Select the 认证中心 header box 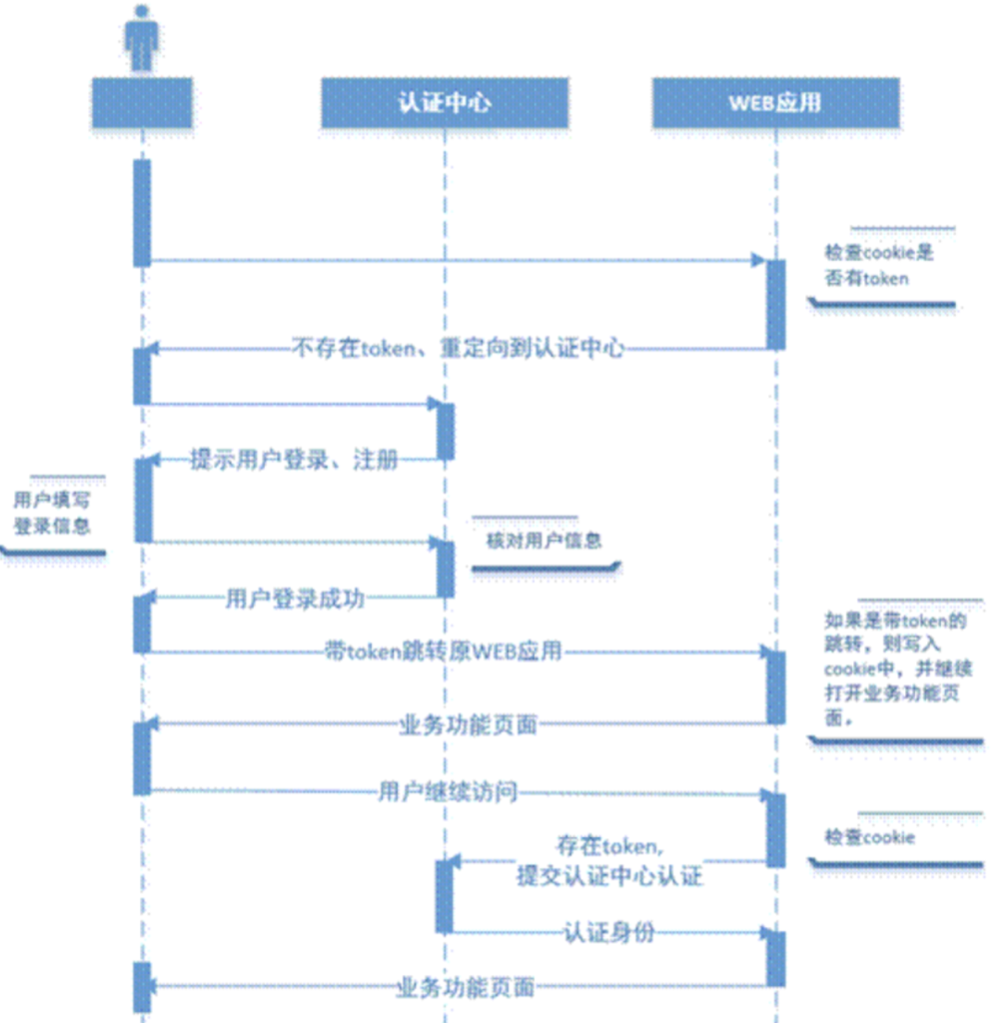(445, 103)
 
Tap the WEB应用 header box (775, 103)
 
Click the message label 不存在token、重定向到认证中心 (458, 348)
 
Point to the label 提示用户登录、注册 (294, 460)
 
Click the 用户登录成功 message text (294, 598)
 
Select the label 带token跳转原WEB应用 (444, 652)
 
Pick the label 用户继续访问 (448, 792)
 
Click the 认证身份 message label (609, 932)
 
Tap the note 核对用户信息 (544, 540)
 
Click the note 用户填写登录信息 (52, 511)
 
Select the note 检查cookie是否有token (879, 266)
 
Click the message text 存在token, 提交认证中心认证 (609, 861)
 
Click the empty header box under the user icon (142, 103)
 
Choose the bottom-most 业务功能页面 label (466, 988)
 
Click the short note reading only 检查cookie (869, 837)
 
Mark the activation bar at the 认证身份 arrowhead (775, 958)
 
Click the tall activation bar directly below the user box (142, 212)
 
